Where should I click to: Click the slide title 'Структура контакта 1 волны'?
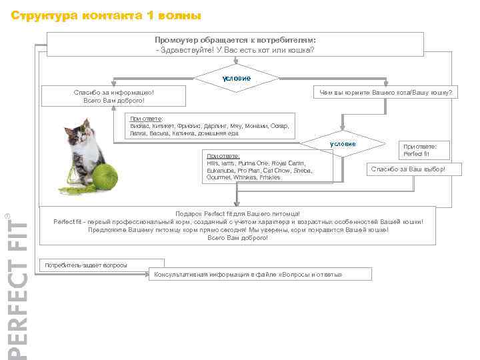tap(106, 15)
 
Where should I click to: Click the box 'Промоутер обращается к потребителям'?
tap(235, 45)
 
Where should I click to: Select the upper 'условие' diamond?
tap(237, 79)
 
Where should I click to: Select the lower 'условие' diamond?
tap(343, 145)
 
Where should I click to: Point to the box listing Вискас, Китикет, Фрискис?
tap(209, 126)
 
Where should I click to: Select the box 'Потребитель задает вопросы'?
tap(85, 265)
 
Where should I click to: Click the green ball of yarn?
tap(104, 176)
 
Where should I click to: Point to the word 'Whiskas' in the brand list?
tap(245, 177)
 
